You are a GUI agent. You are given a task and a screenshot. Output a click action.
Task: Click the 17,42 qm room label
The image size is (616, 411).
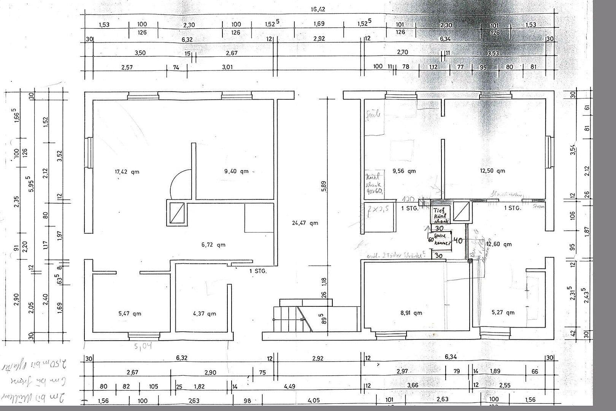[127, 172]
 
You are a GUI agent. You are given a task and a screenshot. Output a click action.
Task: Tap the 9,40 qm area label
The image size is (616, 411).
[236, 171]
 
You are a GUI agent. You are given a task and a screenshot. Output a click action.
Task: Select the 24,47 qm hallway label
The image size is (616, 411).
[305, 223]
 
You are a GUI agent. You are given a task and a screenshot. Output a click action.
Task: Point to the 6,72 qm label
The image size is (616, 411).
[213, 245]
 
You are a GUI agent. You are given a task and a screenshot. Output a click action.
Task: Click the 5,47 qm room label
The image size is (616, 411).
[130, 314]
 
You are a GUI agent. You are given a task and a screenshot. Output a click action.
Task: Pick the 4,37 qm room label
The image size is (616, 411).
[204, 314]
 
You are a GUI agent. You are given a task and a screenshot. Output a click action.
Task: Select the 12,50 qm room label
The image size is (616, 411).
[493, 171]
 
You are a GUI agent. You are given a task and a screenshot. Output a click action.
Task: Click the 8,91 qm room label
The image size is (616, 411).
[411, 313]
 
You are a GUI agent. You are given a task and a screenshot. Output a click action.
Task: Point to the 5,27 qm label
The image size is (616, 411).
[503, 312]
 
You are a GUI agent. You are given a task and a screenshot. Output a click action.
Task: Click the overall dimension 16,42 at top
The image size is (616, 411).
[318, 10]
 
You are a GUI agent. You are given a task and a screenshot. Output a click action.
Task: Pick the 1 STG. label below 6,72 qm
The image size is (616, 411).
[258, 271]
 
